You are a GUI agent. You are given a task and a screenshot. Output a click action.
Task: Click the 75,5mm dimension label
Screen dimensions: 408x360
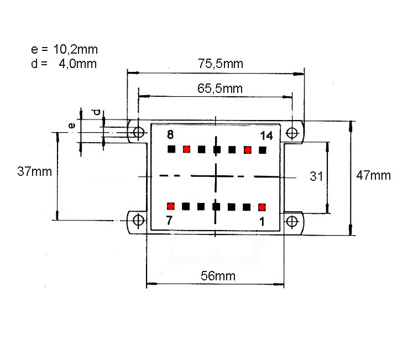click(221, 64)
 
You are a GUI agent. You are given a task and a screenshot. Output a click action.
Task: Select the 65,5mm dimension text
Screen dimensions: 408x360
click(220, 88)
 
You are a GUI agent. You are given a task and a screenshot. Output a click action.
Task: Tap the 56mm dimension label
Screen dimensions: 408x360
click(218, 276)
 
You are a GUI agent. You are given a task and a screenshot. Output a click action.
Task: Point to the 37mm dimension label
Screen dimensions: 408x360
click(35, 171)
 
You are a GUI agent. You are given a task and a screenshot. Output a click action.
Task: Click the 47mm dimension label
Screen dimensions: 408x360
click(373, 175)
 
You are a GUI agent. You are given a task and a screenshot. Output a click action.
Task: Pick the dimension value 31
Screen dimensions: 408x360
click(316, 176)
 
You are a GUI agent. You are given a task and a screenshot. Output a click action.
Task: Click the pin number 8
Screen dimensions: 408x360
click(170, 134)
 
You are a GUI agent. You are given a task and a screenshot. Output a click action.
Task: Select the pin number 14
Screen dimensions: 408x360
click(266, 135)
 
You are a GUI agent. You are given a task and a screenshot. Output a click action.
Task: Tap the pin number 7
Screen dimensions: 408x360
click(169, 221)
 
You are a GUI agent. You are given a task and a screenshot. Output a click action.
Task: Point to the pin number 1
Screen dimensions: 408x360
click(262, 222)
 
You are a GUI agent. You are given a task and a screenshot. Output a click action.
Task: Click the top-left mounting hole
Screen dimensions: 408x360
click(139, 132)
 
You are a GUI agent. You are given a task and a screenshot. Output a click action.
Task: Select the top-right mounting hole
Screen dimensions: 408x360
click(292, 133)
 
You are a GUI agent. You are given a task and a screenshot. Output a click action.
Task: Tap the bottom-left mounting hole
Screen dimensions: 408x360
click(138, 220)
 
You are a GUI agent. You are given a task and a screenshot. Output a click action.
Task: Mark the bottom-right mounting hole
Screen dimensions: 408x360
click(292, 222)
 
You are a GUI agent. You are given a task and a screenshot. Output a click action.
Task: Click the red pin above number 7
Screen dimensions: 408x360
click(171, 206)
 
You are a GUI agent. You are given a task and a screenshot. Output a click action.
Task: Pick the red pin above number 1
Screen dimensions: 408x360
click(261, 207)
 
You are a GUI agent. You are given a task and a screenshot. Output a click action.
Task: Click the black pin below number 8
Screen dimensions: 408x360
click(171, 149)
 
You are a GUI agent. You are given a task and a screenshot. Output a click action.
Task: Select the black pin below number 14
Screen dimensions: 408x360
click(263, 150)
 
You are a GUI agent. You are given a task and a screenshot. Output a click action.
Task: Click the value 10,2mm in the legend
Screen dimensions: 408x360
click(76, 49)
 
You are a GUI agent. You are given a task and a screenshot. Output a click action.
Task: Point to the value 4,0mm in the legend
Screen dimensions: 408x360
click(78, 64)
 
